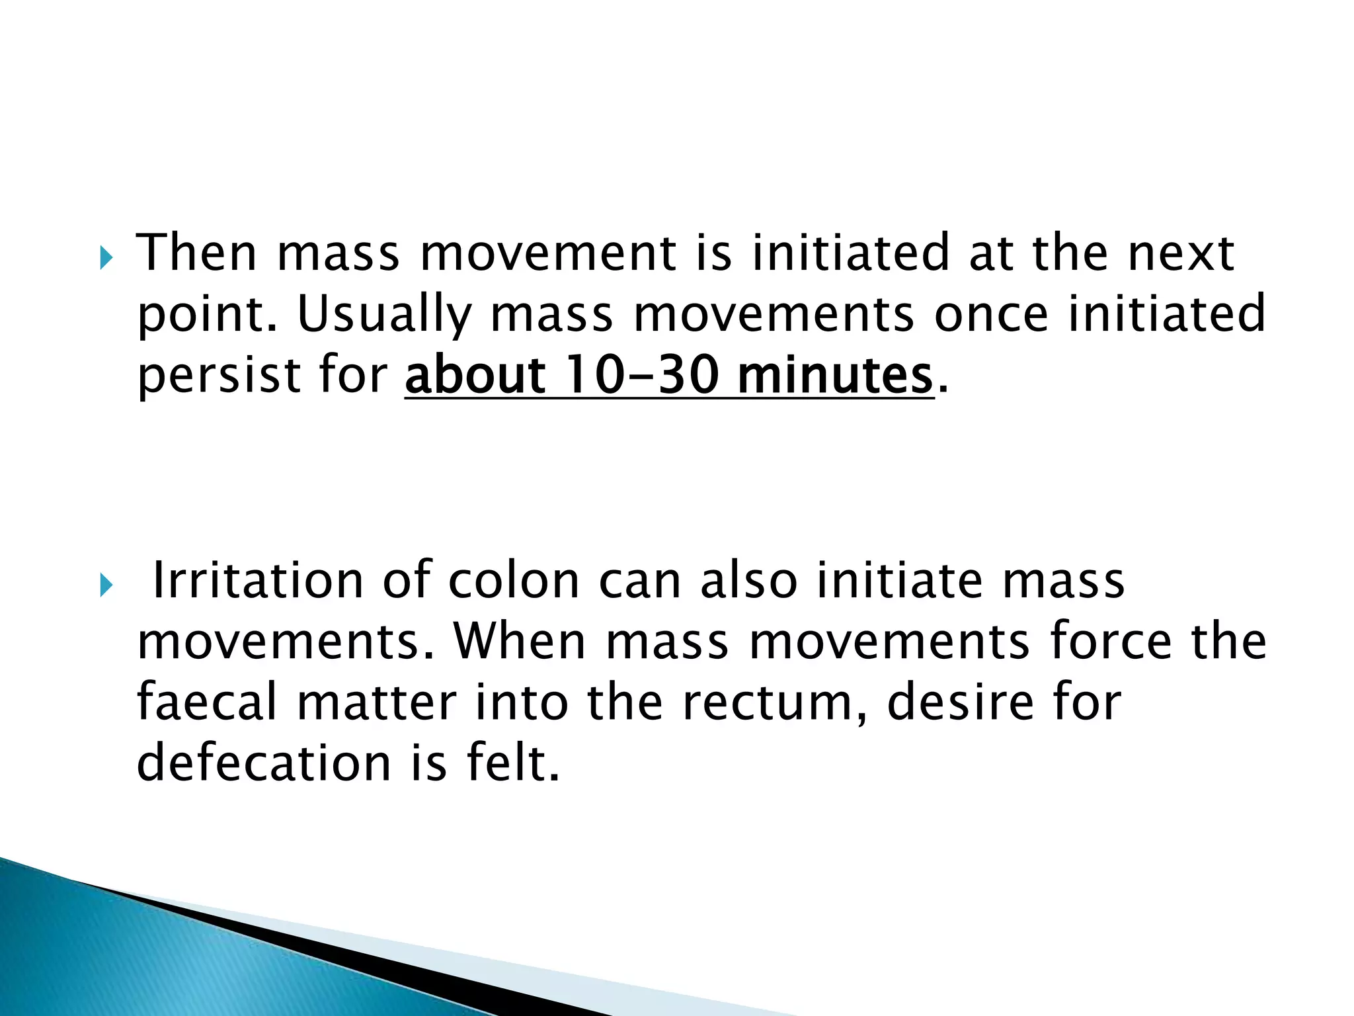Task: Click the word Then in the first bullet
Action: click(196, 253)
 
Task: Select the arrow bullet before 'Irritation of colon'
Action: click(106, 585)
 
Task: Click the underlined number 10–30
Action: click(642, 375)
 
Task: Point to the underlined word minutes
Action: click(834, 375)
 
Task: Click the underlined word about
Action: click(475, 375)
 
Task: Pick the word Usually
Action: click(384, 315)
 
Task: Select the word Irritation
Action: click(259, 581)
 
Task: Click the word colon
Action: click(514, 581)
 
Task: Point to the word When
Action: click(520, 642)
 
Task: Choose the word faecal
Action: click(207, 702)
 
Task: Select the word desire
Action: click(960, 702)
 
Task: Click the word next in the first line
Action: click(1180, 253)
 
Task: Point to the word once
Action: click(990, 315)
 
